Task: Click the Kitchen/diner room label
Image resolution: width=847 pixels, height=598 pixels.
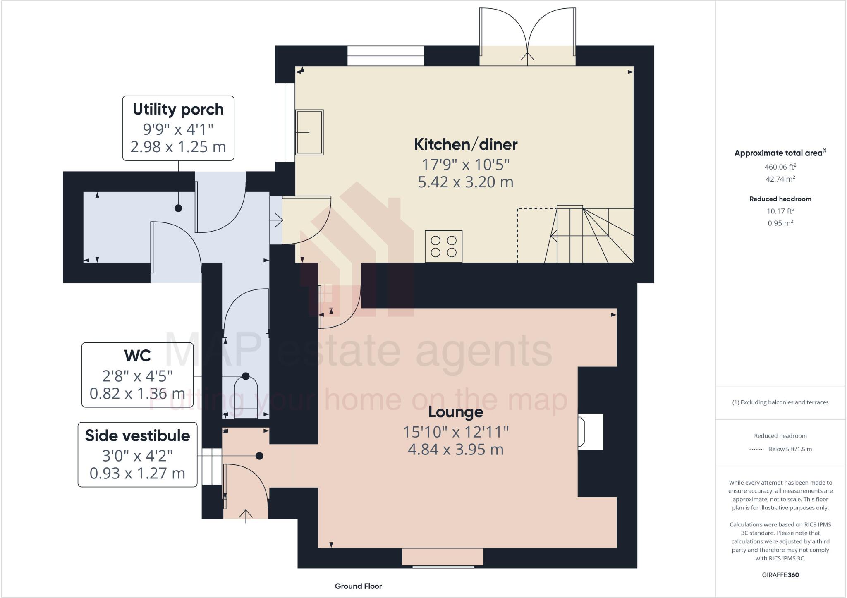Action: (x=465, y=144)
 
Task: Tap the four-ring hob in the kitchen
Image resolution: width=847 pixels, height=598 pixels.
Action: (x=443, y=246)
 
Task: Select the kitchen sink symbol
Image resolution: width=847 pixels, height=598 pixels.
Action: (x=309, y=132)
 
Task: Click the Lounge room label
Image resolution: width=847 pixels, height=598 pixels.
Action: (x=455, y=412)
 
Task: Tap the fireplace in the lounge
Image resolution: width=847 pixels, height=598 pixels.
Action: (x=590, y=432)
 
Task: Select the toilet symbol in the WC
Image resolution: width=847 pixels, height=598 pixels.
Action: (x=246, y=395)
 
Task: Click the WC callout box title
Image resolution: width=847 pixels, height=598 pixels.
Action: (x=137, y=356)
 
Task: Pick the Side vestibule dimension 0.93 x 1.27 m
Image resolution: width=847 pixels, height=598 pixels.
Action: (x=137, y=473)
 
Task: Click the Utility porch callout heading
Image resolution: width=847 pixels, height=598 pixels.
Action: (x=178, y=110)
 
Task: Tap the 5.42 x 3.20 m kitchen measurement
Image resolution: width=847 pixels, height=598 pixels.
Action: (x=465, y=182)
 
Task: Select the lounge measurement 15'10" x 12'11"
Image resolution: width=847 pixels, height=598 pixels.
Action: (x=455, y=432)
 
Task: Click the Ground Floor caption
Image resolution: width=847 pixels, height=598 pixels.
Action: (x=358, y=586)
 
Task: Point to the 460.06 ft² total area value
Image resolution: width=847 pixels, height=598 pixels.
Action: (x=780, y=167)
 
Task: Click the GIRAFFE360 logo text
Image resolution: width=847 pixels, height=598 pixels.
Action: (x=780, y=575)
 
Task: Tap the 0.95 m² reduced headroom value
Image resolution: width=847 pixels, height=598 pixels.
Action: (x=780, y=223)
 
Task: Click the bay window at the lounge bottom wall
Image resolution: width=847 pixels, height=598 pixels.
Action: (x=443, y=557)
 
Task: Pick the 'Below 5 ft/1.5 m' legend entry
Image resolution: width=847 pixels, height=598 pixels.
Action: (x=790, y=449)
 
